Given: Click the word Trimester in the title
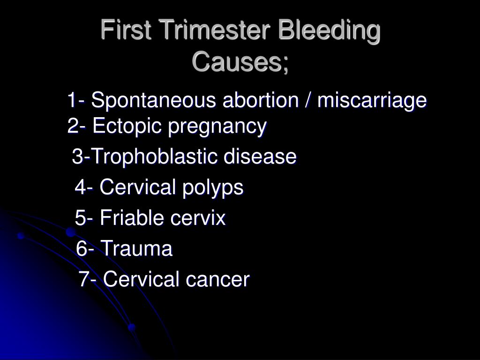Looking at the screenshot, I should [x=210, y=32].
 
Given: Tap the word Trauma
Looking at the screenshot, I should [x=136, y=249].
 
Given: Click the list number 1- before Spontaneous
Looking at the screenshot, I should [x=75, y=101].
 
